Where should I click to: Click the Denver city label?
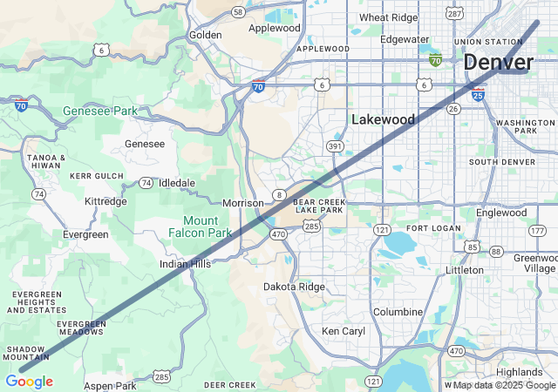coord(499,63)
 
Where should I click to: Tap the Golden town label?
coord(206,35)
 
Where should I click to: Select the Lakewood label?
coord(383,118)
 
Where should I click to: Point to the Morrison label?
coord(242,203)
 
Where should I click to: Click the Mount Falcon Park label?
coord(201,226)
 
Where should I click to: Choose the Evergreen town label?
coord(85,234)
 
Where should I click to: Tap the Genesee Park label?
coord(100,112)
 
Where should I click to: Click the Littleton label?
coord(464,270)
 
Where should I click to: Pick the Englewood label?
coord(501,213)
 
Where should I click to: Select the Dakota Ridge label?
coord(294,287)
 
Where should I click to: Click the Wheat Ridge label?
coord(388,17)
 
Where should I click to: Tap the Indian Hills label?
coord(185,264)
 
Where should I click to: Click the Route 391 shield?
coord(335,145)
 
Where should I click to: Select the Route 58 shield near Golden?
coord(238,11)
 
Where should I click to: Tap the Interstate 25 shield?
coord(478,94)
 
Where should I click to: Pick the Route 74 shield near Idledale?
coord(146,183)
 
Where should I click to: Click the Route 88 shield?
coord(496,251)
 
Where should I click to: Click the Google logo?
coord(29,382)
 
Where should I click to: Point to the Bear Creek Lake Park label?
coord(321,206)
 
